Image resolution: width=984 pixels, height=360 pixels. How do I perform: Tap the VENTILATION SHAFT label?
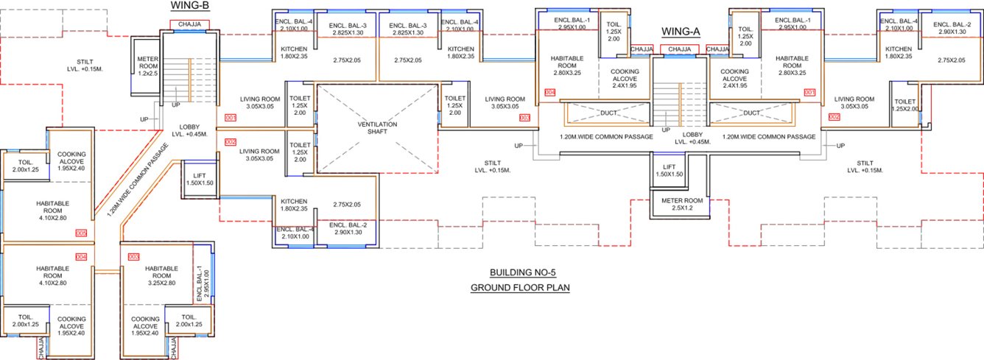377,130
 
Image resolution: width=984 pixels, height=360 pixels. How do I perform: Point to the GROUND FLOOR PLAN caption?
520,287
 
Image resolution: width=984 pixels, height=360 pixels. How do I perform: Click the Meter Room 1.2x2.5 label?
148,67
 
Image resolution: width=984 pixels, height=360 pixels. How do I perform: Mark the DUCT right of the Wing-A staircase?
752,113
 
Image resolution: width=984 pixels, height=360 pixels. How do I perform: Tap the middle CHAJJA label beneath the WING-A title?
678,49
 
